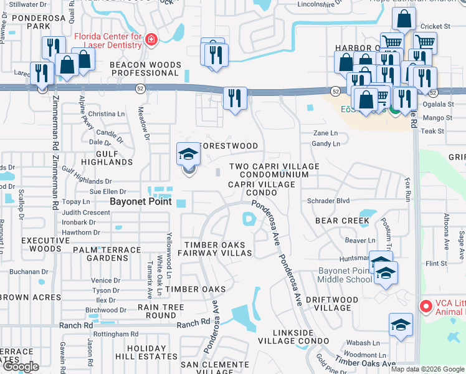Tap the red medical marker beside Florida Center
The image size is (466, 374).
click(150, 41)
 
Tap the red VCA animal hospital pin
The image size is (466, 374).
click(426, 306)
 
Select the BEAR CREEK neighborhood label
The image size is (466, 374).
click(342, 221)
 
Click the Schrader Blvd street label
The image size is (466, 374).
click(328, 201)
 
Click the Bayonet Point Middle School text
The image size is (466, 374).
click(344, 275)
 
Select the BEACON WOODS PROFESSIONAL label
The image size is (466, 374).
click(145, 69)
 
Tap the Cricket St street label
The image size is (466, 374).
click(435, 26)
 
